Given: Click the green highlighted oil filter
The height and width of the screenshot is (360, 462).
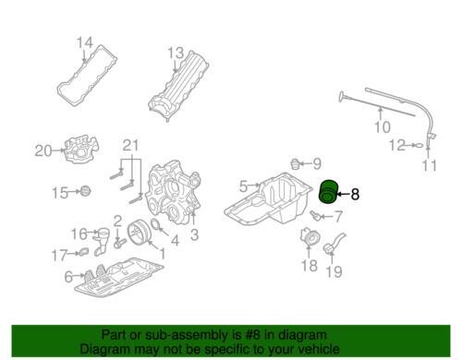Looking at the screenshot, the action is (328, 192).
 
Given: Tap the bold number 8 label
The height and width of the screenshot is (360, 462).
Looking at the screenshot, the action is (355, 194).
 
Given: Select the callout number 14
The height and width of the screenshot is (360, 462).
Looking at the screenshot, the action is (84, 42).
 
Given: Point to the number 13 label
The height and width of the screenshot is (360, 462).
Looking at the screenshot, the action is (176, 53).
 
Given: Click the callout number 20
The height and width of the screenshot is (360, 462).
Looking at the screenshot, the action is (43, 150).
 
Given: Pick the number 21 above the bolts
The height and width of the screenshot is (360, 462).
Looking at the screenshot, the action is (131, 145).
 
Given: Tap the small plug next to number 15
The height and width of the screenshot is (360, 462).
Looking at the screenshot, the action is (85, 191).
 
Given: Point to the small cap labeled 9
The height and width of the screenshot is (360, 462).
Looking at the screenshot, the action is (296, 164).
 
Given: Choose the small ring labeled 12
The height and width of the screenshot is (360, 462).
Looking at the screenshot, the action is (419, 145).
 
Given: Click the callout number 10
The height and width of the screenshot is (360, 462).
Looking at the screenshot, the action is (383, 126).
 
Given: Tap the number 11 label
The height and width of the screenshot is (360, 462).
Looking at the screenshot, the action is (429, 165).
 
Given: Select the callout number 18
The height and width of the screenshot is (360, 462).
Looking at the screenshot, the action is (310, 266).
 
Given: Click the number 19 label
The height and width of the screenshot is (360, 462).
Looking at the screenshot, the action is (334, 271).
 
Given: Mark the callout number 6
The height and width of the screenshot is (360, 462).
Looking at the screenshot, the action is (68, 277).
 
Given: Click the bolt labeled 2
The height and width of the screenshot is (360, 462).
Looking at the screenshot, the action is (119, 244).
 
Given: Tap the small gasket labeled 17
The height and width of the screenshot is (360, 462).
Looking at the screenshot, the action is (83, 252).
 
